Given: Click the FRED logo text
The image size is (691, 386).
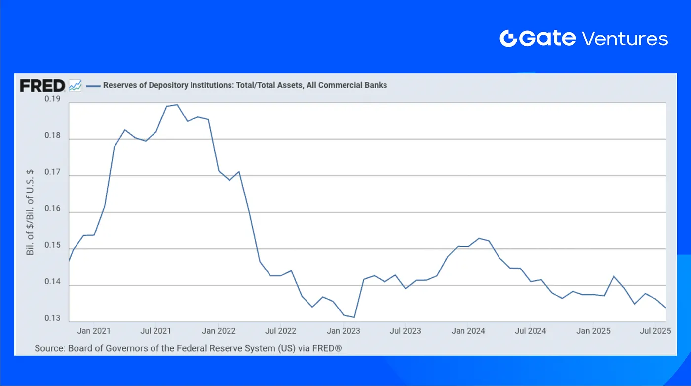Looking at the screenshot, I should (42, 86).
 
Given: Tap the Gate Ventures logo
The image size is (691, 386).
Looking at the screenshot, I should (583, 39).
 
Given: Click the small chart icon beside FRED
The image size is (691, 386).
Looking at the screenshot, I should (75, 86).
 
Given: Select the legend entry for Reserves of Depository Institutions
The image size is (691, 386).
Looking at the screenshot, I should (245, 85).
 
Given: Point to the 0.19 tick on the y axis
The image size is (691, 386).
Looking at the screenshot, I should (52, 99).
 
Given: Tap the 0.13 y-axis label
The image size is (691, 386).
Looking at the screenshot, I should (52, 318).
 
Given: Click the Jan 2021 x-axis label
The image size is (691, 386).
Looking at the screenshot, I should (94, 331).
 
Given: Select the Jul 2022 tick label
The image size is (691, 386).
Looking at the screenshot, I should (280, 331).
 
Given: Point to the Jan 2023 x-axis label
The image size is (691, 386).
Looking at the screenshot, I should (343, 331).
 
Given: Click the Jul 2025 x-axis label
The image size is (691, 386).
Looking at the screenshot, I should (654, 331).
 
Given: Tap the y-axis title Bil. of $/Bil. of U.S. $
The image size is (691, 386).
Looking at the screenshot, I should (31, 212).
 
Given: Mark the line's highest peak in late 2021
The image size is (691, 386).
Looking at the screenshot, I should (177, 105).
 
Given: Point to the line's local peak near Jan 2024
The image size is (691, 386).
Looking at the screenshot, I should (479, 238).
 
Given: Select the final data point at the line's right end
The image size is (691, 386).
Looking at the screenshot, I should (666, 308).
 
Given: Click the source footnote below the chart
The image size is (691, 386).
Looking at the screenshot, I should (188, 348).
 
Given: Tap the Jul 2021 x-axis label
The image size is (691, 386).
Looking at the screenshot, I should (156, 331).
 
